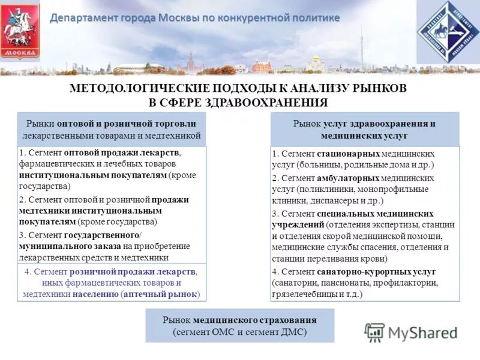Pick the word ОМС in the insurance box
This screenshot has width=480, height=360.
239,332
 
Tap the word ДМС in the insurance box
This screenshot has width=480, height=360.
291,332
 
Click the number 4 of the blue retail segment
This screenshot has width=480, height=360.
28,271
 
